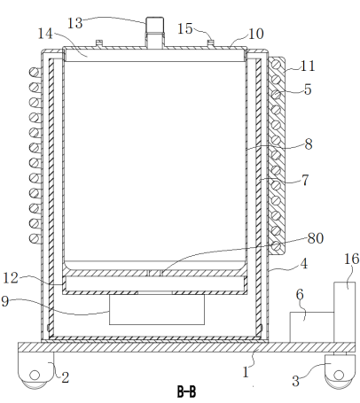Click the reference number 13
75,23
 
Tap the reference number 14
45,34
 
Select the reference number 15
185,28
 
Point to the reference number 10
256,34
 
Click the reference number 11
308,66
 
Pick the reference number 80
316,238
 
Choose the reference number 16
352,259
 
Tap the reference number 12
11,278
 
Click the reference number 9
5,301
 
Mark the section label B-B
186,391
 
